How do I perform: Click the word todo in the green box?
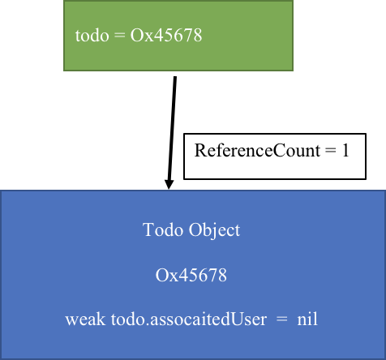coord(92,36)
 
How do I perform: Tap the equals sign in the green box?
coord(119,36)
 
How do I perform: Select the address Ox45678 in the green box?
coord(166,36)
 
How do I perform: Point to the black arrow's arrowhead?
coord(169,184)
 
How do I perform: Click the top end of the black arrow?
coord(175,77)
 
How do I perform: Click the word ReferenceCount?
coord(257,150)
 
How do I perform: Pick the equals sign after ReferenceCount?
coord(331,151)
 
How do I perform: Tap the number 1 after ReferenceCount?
coord(345,150)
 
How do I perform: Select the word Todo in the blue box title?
coord(163,230)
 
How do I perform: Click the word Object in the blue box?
coord(214,231)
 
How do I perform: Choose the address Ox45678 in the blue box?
coord(191,276)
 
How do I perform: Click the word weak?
coord(85,319)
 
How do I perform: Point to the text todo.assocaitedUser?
coord(189,319)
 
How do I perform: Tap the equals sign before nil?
coord(282,319)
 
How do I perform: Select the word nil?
coord(307,319)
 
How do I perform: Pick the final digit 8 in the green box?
coord(198,36)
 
